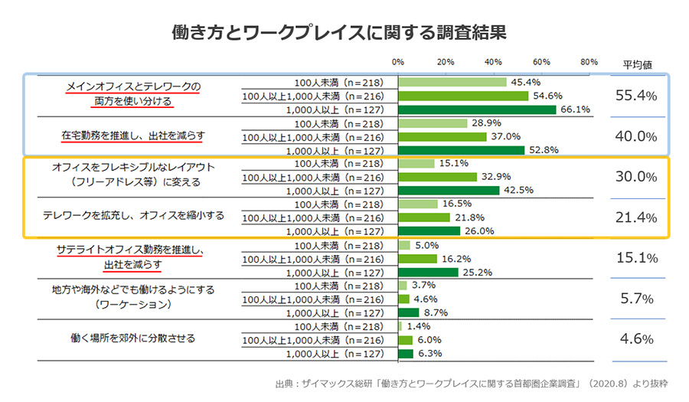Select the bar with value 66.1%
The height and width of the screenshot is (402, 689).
(x=477, y=109)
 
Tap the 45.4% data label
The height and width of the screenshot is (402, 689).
(x=527, y=82)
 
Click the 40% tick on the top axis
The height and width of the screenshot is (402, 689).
(x=494, y=61)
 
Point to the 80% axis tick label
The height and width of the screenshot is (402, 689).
(x=589, y=61)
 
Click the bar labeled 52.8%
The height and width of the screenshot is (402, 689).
(x=461, y=150)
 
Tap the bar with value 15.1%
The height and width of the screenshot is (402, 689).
(x=416, y=163)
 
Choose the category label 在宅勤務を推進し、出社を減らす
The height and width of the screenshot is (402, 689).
(x=132, y=136)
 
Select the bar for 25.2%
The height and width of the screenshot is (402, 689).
(x=428, y=272)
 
